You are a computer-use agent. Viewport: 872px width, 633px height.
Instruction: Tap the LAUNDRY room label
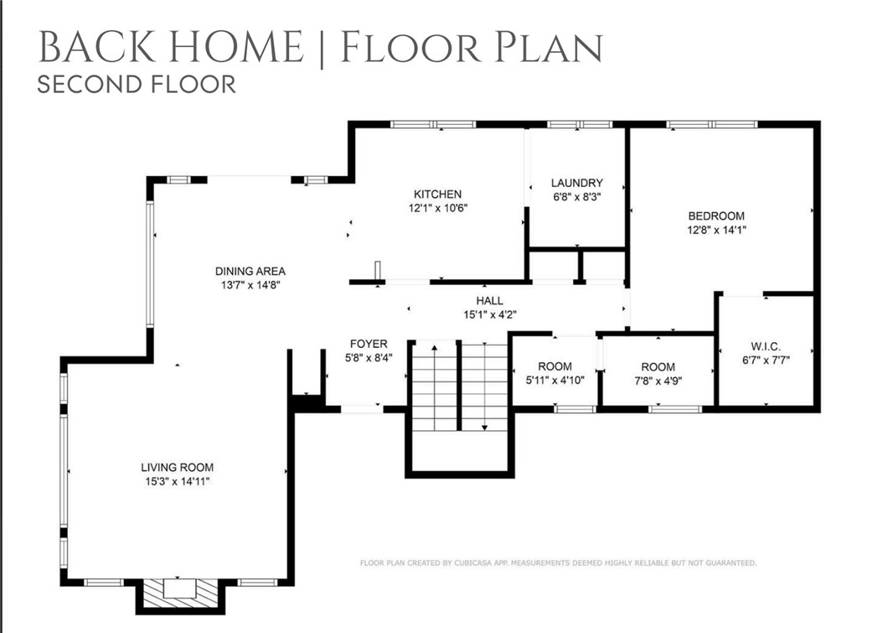[576, 184]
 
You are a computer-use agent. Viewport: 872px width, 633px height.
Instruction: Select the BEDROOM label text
[715, 215]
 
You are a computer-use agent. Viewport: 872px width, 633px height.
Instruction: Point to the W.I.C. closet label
[766, 346]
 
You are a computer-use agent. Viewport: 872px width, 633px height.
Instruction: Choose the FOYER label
[369, 344]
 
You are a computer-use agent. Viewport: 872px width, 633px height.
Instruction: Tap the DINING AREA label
[250, 271]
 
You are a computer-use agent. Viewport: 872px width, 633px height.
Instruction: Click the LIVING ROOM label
[177, 467]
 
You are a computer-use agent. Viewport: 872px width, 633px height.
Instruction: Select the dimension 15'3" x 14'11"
[177, 481]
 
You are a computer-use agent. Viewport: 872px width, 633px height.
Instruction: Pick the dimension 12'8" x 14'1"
[715, 230]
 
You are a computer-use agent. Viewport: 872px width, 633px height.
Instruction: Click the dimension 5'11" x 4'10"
[555, 380]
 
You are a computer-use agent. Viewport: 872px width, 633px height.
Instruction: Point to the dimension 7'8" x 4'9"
[658, 380]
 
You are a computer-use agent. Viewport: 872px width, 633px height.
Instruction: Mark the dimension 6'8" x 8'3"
[576, 198]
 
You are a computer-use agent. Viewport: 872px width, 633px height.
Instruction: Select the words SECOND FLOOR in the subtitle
[137, 84]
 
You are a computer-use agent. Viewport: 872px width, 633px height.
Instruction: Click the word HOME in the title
[244, 47]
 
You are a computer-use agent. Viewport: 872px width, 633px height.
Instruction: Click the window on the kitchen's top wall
[433, 124]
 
